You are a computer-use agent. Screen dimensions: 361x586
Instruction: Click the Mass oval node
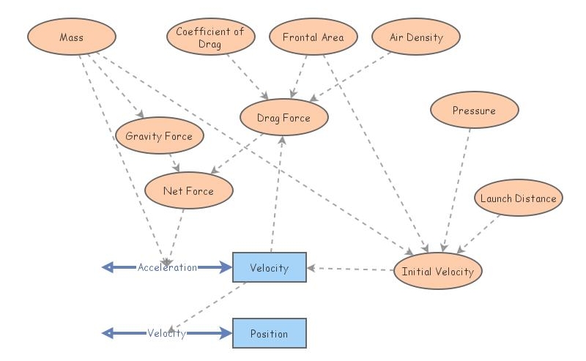72,37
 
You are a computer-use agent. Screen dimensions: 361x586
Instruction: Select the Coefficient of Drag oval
210,37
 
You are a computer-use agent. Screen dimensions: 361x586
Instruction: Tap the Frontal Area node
313,37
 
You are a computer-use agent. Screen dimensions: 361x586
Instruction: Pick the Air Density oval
416,37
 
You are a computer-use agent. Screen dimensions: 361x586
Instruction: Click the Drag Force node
283,118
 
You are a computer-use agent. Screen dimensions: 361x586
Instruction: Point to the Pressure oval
474,111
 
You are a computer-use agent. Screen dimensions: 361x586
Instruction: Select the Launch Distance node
518,198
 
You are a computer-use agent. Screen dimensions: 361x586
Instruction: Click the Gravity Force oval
159,136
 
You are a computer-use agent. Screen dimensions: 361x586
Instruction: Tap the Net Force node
189,191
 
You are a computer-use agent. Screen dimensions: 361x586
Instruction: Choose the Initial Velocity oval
438,271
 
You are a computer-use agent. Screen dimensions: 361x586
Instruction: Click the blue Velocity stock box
269,268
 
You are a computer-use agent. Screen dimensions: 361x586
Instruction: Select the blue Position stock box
269,333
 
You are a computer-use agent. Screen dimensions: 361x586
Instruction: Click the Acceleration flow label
167,267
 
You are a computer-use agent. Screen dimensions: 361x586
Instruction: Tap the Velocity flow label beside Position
166,333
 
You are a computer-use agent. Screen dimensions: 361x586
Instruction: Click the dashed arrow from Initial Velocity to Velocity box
350,269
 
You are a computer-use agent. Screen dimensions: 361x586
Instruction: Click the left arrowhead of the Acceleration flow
108,267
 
